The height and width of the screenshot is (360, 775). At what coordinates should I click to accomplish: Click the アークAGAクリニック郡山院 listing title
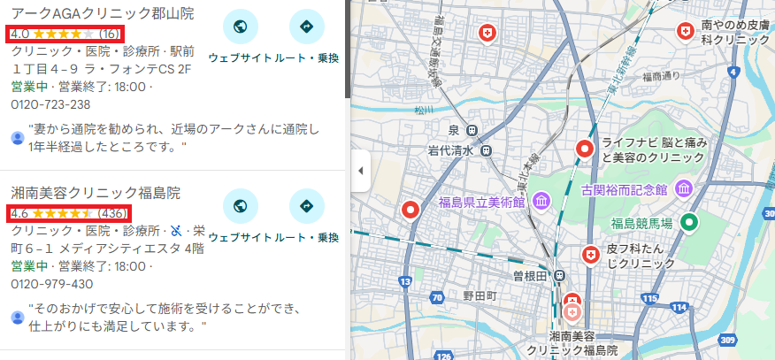coord(103,13)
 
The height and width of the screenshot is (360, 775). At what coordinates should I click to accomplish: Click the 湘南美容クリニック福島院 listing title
coord(96,193)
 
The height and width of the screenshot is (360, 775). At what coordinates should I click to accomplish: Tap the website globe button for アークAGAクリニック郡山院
coord(240,27)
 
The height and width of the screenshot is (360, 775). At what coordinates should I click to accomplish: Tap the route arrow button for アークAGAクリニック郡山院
coord(307,27)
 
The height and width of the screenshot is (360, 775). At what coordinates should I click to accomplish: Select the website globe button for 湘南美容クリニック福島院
coord(240,206)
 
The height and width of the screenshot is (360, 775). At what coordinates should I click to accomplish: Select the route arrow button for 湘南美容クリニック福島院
coord(307,206)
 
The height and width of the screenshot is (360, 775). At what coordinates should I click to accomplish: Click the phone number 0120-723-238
coord(50,104)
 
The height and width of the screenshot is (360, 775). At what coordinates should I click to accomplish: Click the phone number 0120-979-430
coord(50,284)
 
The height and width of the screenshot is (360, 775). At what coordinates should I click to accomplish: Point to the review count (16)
coord(110,34)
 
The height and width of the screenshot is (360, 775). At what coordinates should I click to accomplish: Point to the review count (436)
coord(112,213)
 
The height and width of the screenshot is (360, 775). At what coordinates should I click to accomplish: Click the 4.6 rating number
coord(19,213)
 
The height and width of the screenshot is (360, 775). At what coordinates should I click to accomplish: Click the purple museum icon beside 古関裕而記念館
coord(683,188)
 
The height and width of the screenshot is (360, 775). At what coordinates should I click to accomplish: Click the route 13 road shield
coord(405,281)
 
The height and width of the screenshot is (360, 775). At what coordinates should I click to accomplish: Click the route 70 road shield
coord(439,299)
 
